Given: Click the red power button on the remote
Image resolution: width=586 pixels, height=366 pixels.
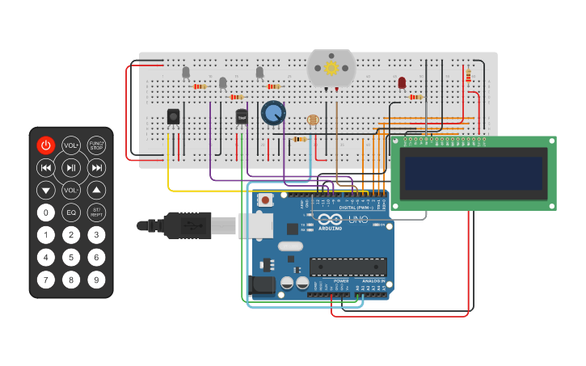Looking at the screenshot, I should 46,145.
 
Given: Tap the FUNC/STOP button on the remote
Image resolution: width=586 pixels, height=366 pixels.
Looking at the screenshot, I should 96,145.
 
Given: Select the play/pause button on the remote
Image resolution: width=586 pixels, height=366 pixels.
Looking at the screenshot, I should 71,168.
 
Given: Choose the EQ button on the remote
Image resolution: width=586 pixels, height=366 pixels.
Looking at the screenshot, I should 71,213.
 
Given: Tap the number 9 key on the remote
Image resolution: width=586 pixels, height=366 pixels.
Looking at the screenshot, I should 96,280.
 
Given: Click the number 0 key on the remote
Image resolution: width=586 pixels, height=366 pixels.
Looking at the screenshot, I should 46,213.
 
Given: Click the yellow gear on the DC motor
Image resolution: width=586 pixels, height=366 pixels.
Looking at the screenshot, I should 331,69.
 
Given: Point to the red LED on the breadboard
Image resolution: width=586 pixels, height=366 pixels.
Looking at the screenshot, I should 402,82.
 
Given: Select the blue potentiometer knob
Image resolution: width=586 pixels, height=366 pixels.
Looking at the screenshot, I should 273,113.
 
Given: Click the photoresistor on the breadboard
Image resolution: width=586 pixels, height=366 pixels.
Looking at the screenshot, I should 314,120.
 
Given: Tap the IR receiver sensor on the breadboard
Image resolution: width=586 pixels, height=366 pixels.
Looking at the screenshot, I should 173,117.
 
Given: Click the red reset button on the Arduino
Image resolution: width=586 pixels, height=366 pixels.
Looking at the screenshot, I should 264,200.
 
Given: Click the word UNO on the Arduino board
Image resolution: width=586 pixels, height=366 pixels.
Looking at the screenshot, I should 358,220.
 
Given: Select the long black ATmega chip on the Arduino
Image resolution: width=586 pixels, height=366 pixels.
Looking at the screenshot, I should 348,267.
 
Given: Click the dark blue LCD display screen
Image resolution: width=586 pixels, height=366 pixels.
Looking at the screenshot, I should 474,173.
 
